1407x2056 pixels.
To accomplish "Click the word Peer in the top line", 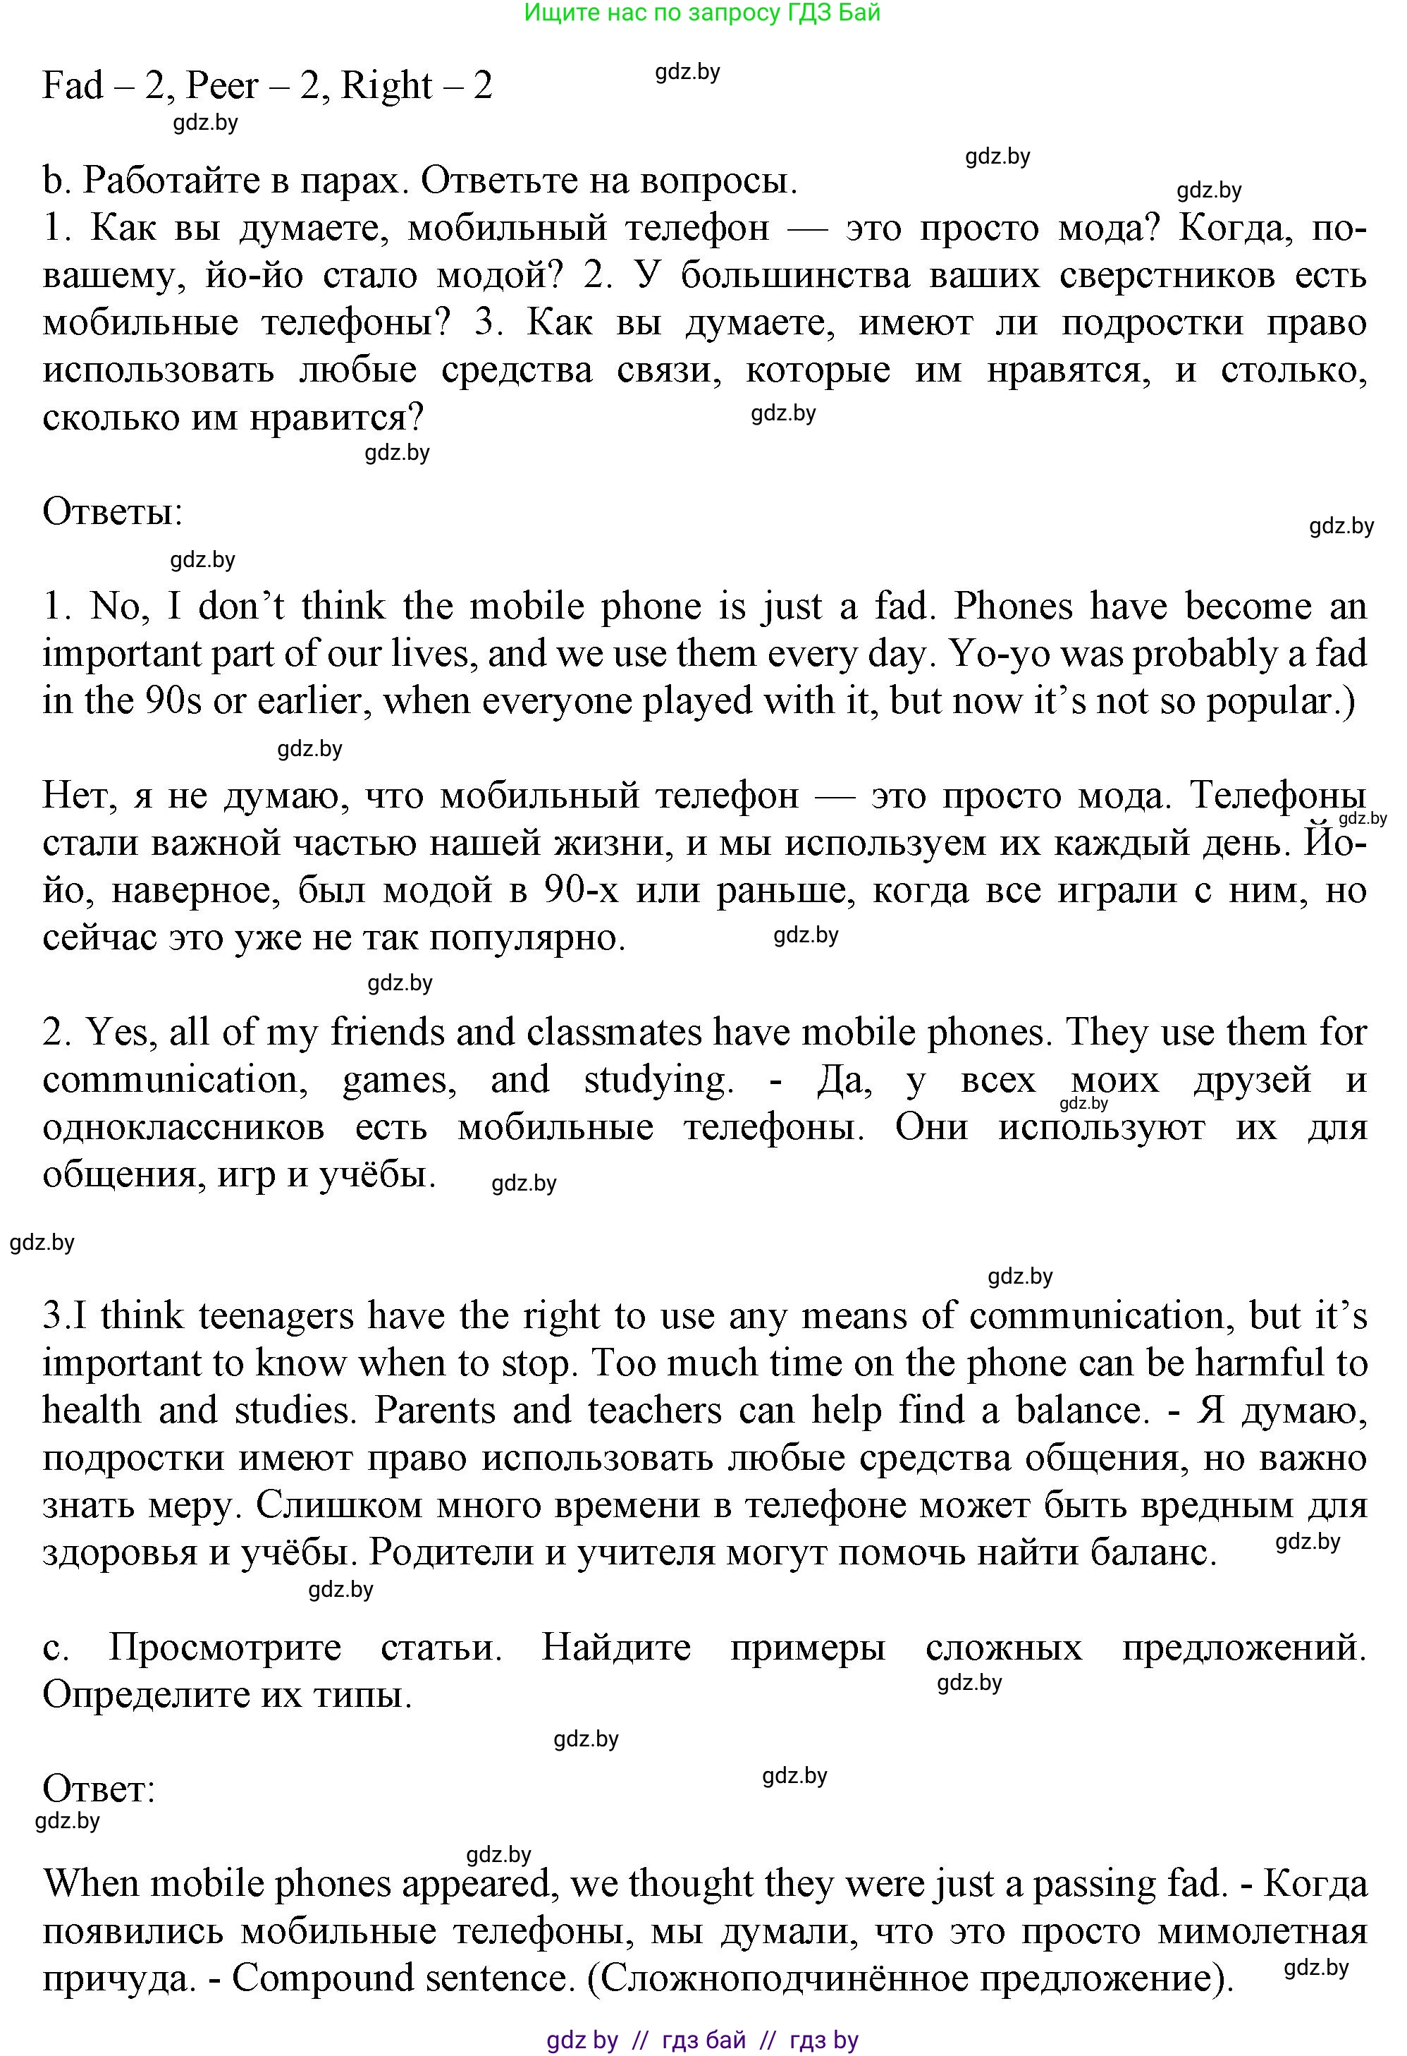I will click(x=223, y=86).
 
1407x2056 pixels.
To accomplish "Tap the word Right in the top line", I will click(x=387, y=86).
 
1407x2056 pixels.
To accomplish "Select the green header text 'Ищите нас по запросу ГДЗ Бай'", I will click(x=702, y=13).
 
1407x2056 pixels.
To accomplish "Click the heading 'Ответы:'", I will click(x=112, y=512).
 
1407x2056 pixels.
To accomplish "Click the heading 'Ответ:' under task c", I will click(x=99, y=1789).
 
